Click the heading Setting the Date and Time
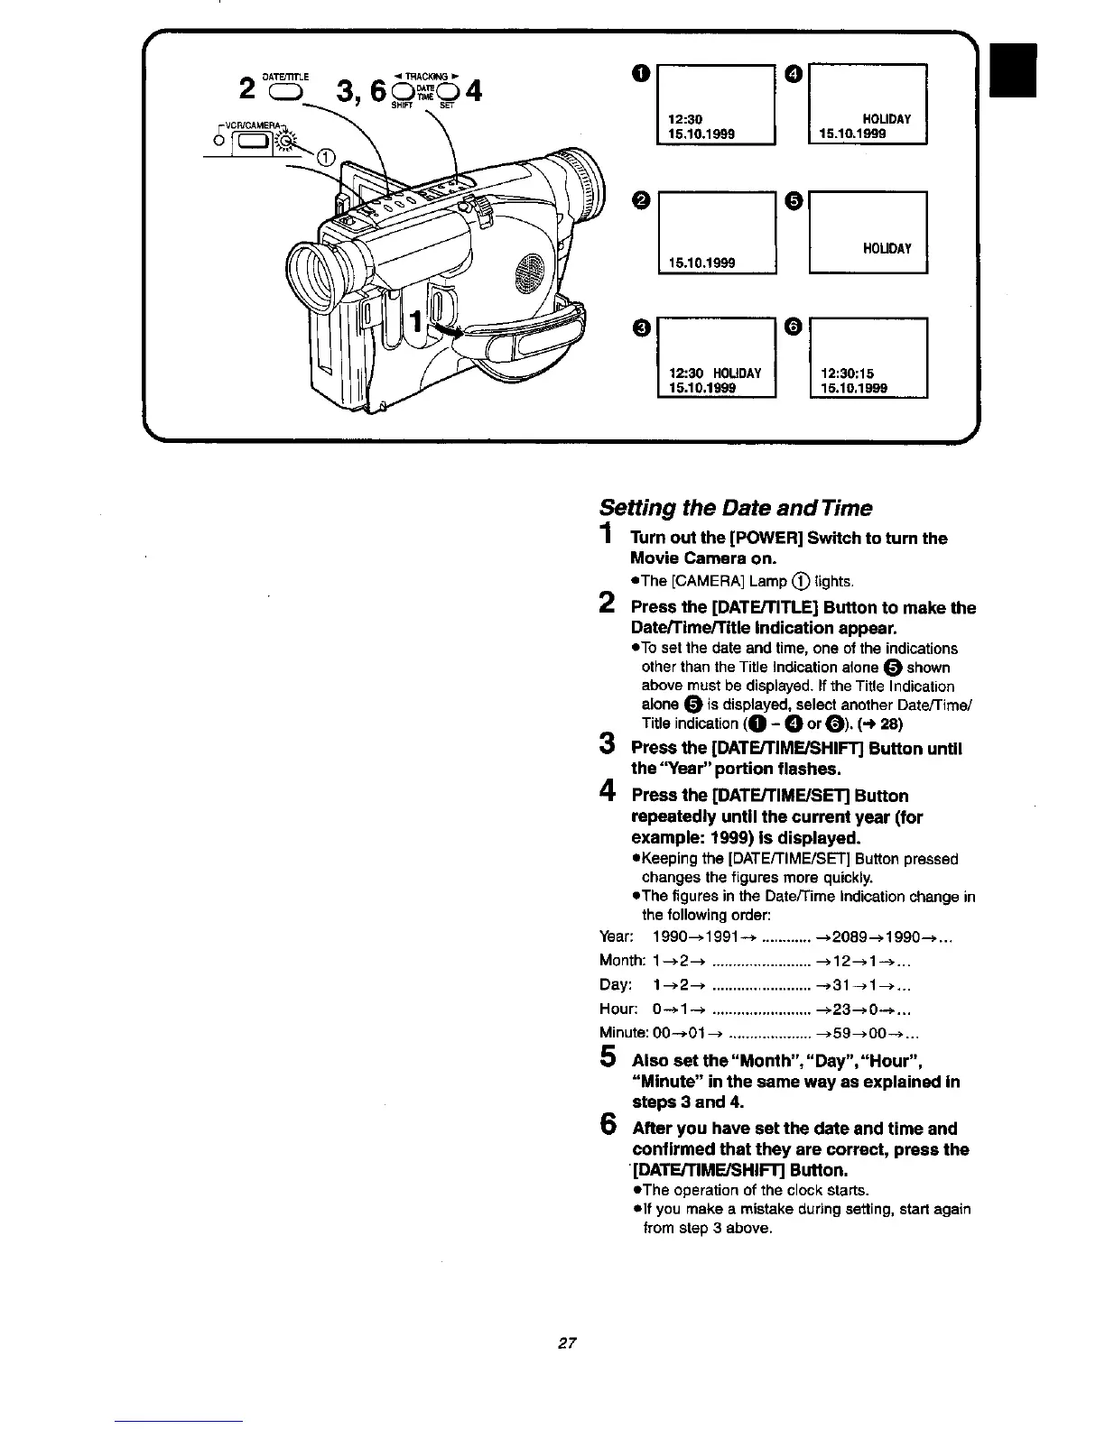pyautogui.click(x=736, y=508)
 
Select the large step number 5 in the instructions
pyautogui.click(x=608, y=1057)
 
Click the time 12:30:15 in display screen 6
pyautogui.click(x=848, y=373)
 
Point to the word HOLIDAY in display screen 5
pyautogui.click(x=887, y=248)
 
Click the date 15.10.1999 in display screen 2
pyautogui.click(x=701, y=263)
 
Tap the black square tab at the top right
pyautogui.click(x=1013, y=69)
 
